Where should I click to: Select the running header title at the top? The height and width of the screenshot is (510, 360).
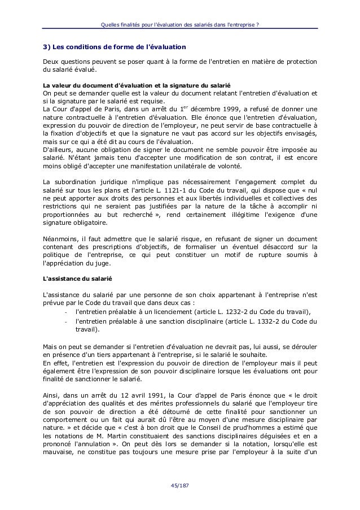(179, 23)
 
